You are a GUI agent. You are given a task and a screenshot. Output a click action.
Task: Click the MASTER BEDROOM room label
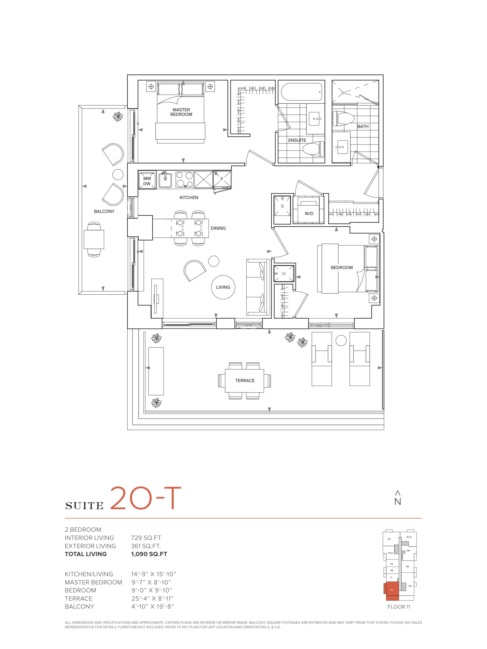pyautogui.click(x=181, y=112)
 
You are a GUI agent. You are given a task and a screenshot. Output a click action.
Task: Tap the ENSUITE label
pyautogui.click(x=297, y=140)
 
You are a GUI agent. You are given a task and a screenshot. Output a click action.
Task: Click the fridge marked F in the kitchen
pyautogui.click(x=222, y=179)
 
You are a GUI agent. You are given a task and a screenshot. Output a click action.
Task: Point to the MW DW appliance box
pyautogui.click(x=147, y=180)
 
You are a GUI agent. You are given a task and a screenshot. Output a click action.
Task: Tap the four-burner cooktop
pyautogui.click(x=184, y=179)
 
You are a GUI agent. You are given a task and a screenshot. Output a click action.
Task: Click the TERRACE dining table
pyautogui.click(x=245, y=381)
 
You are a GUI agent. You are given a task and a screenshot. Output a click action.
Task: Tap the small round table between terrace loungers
pyautogui.click(x=341, y=341)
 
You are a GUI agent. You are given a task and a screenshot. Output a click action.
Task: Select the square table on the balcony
pyautogui.click(x=94, y=239)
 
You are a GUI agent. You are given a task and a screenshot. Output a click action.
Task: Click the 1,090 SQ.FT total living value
pyautogui.click(x=149, y=554)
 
